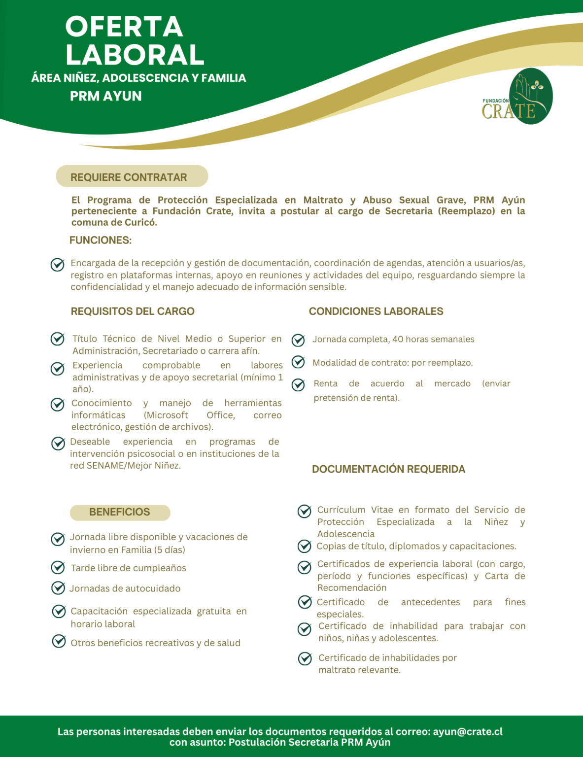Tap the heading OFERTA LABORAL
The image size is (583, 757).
[134, 40]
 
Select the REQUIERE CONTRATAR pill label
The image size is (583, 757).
[129, 177]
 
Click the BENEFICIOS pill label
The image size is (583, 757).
[120, 512]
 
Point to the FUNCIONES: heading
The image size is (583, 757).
[101, 241]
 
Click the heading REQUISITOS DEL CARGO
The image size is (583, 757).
[133, 311]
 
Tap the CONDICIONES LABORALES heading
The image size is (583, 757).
[376, 311]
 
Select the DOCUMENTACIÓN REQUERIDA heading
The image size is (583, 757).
[388, 469]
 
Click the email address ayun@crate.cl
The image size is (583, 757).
[468, 732]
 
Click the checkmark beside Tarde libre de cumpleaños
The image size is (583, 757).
[58, 568]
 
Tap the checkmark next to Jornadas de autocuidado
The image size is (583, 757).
[58, 588]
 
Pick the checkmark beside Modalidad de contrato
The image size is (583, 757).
[298, 362]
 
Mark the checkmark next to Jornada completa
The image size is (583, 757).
[298, 340]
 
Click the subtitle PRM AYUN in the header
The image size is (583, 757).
[105, 96]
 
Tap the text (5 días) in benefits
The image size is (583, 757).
[170, 550]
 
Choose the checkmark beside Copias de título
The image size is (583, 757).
[305, 546]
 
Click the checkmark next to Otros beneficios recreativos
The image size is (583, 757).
[59, 641]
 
